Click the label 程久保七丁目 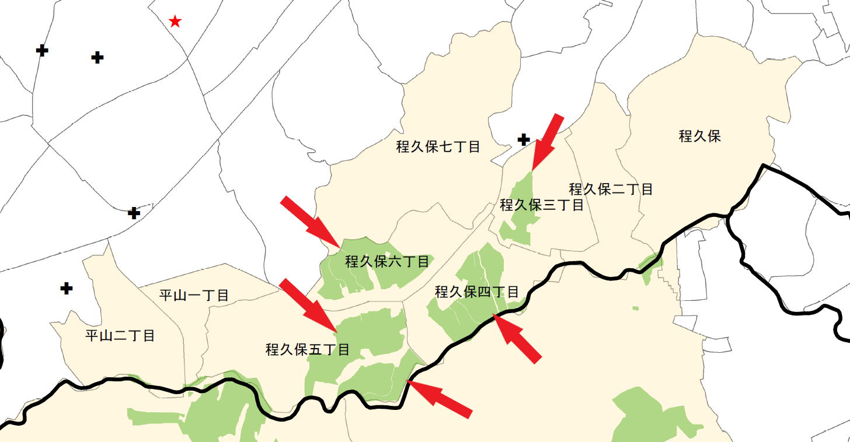438,147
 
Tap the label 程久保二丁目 611,189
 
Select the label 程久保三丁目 542,205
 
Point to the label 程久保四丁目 476,292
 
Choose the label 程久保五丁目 308,350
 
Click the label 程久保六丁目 387,261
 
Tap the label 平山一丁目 194,296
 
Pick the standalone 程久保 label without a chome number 699,136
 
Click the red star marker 175,22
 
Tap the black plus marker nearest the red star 97,58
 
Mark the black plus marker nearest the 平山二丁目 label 67,288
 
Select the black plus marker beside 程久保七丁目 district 524,139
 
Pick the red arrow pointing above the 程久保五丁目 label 308,304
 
